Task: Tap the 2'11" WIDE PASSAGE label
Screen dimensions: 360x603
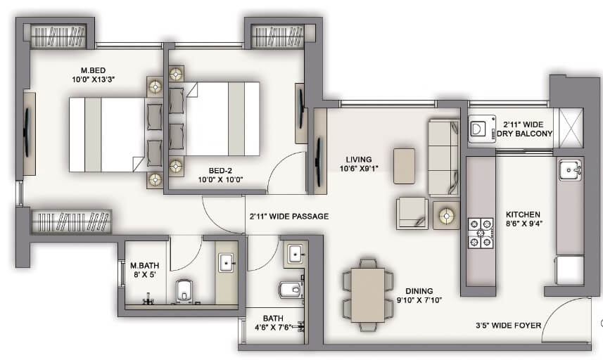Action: point(288,217)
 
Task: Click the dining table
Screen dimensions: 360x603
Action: point(368,294)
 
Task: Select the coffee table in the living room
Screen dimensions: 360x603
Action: point(404,166)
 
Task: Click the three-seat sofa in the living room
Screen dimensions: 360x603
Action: point(443,157)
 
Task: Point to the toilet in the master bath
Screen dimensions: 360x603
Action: point(184,289)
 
